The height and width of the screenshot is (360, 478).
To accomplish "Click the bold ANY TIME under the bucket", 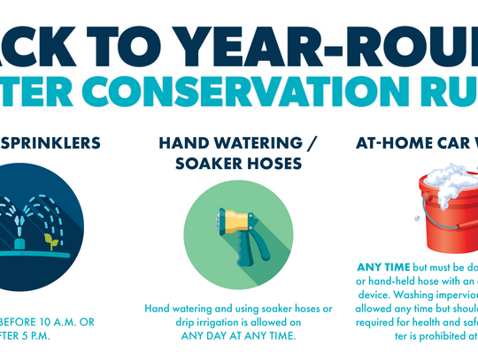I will coord(382,266).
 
